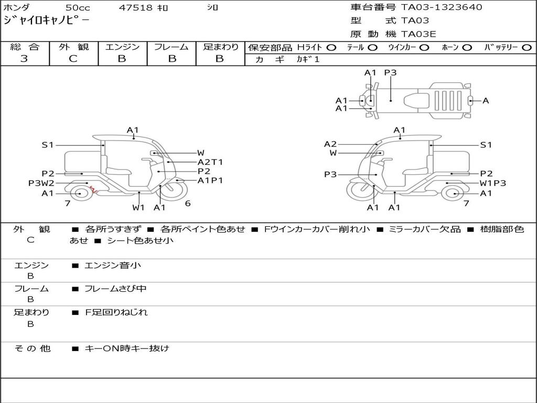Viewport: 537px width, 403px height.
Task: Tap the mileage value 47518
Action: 136,8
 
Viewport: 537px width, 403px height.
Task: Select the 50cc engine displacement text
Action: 77,8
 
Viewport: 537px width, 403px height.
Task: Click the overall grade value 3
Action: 24,59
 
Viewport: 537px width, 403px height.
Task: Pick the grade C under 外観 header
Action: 73,59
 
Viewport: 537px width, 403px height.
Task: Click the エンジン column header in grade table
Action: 122,47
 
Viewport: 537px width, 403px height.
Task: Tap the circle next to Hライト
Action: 331,47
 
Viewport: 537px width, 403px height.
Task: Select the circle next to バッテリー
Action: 526,47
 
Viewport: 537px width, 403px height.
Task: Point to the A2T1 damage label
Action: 210,162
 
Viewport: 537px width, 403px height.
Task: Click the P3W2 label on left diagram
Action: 41,183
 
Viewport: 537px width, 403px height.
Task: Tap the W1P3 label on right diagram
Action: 493,183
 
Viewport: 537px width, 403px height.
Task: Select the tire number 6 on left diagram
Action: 187,204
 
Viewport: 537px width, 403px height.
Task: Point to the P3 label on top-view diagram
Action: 390,73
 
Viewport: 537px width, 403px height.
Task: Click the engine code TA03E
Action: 418,34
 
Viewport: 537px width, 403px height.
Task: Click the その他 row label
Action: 32,348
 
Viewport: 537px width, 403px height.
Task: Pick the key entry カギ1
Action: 308,59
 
